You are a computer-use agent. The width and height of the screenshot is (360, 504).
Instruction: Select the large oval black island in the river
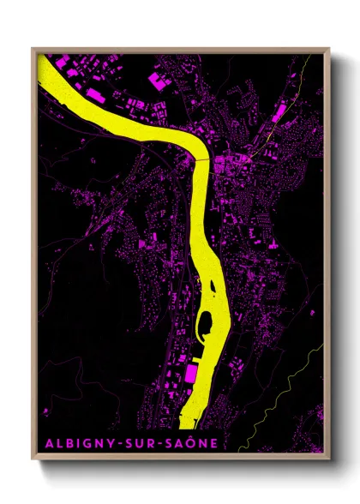(x=207, y=324)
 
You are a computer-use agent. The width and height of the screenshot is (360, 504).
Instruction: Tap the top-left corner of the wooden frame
(x=33, y=48)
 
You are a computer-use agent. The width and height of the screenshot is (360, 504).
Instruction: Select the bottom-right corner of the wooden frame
(x=329, y=459)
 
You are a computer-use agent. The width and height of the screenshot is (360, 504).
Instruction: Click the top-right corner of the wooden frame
(x=329, y=48)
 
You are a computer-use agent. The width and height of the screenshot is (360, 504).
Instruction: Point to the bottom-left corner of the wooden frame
(x=33, y=459)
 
